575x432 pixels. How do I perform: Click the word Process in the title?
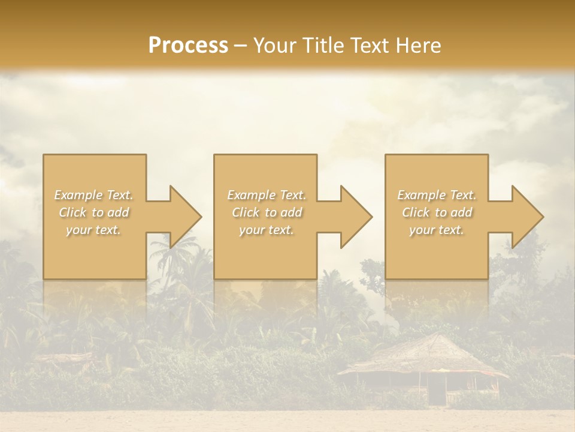coord(188,46)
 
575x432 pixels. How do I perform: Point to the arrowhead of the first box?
coord(183,217)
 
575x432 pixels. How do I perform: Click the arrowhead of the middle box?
coord(354,217)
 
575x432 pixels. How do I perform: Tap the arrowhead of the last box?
coord(525,217)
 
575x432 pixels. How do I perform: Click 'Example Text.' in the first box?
coord(93,195)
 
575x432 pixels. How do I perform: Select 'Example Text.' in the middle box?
coord(267,195)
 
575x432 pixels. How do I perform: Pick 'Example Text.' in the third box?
coord(437,195)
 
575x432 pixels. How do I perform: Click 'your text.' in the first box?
coord(93,230)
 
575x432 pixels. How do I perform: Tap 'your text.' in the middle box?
coord(267,230)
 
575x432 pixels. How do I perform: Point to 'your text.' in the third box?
coord(437,230)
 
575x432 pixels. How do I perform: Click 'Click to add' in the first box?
coord(93,212)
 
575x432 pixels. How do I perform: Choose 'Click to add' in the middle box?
coord(267,212)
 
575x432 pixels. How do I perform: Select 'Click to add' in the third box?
coord(437,212)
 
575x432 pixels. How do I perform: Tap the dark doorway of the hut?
coord(436,392)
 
